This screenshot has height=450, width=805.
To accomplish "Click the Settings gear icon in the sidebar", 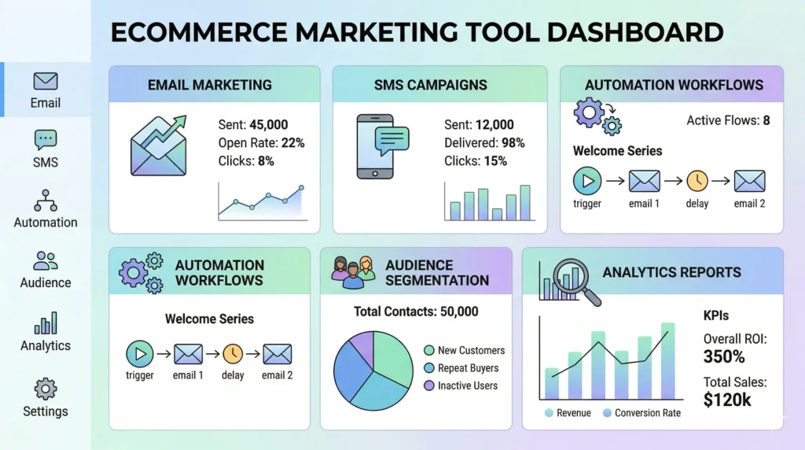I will (x=46, y=389).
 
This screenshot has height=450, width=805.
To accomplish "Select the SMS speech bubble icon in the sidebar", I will (x=46, y=140).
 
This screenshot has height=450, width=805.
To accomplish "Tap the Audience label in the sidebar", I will (x=46, y=282).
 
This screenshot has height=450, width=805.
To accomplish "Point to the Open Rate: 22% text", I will (x=261, y=142).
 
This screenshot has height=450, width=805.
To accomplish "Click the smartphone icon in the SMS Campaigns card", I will (x=376, y=147).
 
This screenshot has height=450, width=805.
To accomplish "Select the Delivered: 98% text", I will (x=484, y=142).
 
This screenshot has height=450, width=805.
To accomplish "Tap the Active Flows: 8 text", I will (x=728, y=120).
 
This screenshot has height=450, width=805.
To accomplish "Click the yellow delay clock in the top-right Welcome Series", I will (x=697, y=181).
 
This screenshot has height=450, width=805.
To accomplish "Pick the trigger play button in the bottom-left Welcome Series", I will (x=140, y=353).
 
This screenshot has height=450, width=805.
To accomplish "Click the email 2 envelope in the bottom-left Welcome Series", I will (x=278, y=353).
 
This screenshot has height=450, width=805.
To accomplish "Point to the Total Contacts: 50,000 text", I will (x=416, y=312).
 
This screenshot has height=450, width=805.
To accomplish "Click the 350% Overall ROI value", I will (x=724, y=356).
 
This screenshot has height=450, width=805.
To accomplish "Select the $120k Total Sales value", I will (x=729, y=399).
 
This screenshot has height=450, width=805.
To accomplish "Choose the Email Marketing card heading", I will (x=210, y=85).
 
